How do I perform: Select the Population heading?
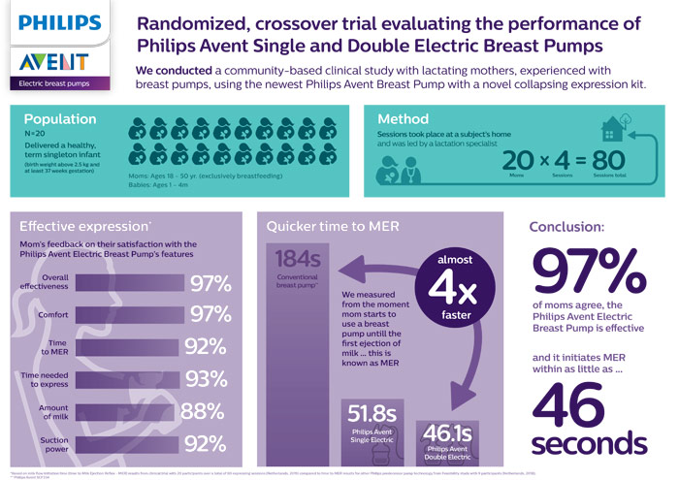[x=59, y=118]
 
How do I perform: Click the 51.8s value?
[x=372, y=415]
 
